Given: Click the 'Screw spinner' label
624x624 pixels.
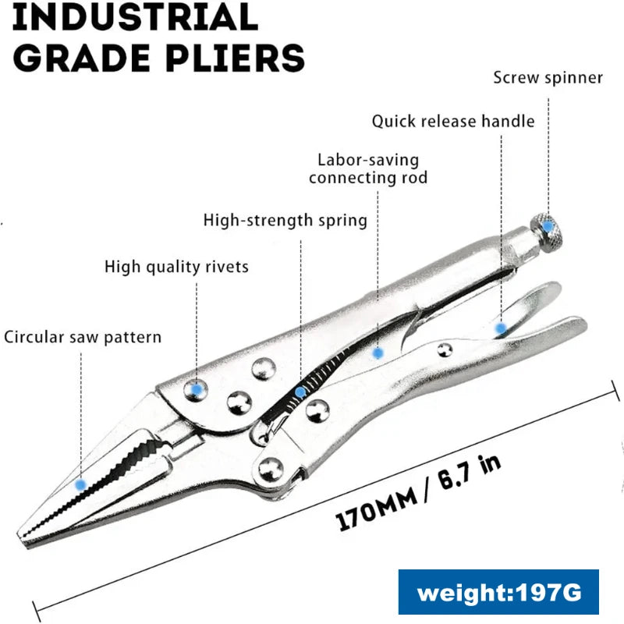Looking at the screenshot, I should [x=548, y=78].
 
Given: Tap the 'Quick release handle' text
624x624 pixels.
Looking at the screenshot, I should [x=452, y=121].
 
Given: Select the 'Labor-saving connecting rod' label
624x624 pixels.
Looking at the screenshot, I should [x=367, y=168].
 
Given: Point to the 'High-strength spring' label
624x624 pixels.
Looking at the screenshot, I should [x=285, y=220].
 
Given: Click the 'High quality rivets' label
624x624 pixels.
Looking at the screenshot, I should [x=176, y=267].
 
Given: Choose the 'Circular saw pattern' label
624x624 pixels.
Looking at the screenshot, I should [x=83, y=337].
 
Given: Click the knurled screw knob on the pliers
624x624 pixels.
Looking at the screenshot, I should [x=548, y=228].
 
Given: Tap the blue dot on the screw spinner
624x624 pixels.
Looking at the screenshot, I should [x=548, y=226].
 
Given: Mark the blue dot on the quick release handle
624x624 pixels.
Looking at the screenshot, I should [x=500, y=328].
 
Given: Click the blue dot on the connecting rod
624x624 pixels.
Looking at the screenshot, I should [x=378, y=353].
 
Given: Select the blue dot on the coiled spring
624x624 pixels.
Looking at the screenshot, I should [x=300, y=392].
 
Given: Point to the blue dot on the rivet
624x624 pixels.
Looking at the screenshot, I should [x=198, y=387].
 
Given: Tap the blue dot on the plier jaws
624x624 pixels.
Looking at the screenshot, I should [x=80, y=484].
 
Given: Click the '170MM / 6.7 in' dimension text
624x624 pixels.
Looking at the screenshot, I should [x=418, y=494].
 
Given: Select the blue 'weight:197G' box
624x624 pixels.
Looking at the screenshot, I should [x=498, y=592].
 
